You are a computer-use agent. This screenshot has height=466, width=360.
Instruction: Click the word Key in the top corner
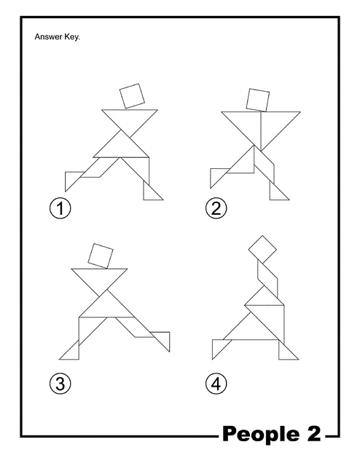pos(72,37)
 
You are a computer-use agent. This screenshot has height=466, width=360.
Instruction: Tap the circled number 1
pos(60,208)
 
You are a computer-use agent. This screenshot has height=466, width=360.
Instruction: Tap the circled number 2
pos(216,208)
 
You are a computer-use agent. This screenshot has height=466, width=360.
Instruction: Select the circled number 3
pos(60,384)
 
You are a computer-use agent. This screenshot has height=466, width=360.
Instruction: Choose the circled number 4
pos(216,384)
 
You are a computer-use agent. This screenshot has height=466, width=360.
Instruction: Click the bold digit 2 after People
pos(313,433)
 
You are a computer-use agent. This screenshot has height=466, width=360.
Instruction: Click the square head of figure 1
pos(132,96)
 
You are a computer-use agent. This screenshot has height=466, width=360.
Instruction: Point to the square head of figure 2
pos(258,100)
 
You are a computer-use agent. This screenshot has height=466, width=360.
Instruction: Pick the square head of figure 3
pos(101,256)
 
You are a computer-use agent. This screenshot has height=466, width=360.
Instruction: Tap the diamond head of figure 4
pos(262,249)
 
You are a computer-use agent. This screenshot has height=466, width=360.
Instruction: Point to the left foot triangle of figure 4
pos(219,347)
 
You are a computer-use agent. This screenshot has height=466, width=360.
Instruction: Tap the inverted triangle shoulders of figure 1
pos(130,119)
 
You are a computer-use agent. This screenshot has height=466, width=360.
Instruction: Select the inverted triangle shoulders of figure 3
pos(99,278)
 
